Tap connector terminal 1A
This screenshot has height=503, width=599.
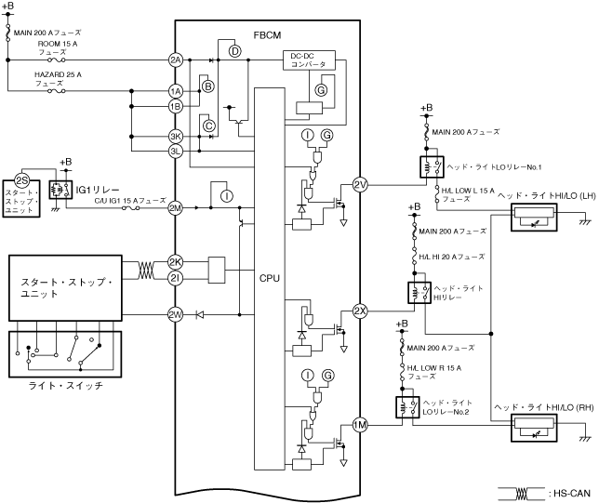176,91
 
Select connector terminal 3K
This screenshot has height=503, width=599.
176,136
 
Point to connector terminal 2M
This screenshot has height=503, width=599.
176,207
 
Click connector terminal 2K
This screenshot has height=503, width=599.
176,262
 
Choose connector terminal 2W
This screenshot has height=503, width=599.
176,314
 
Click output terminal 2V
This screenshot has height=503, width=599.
361,186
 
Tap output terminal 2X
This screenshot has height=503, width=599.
361,310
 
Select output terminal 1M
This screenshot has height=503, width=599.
361,427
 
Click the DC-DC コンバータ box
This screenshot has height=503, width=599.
308,60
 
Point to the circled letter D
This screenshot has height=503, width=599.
234,50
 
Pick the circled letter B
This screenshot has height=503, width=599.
208,86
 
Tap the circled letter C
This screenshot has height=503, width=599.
209,125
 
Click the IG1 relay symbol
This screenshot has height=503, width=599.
62,189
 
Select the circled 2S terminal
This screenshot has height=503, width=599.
22,179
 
